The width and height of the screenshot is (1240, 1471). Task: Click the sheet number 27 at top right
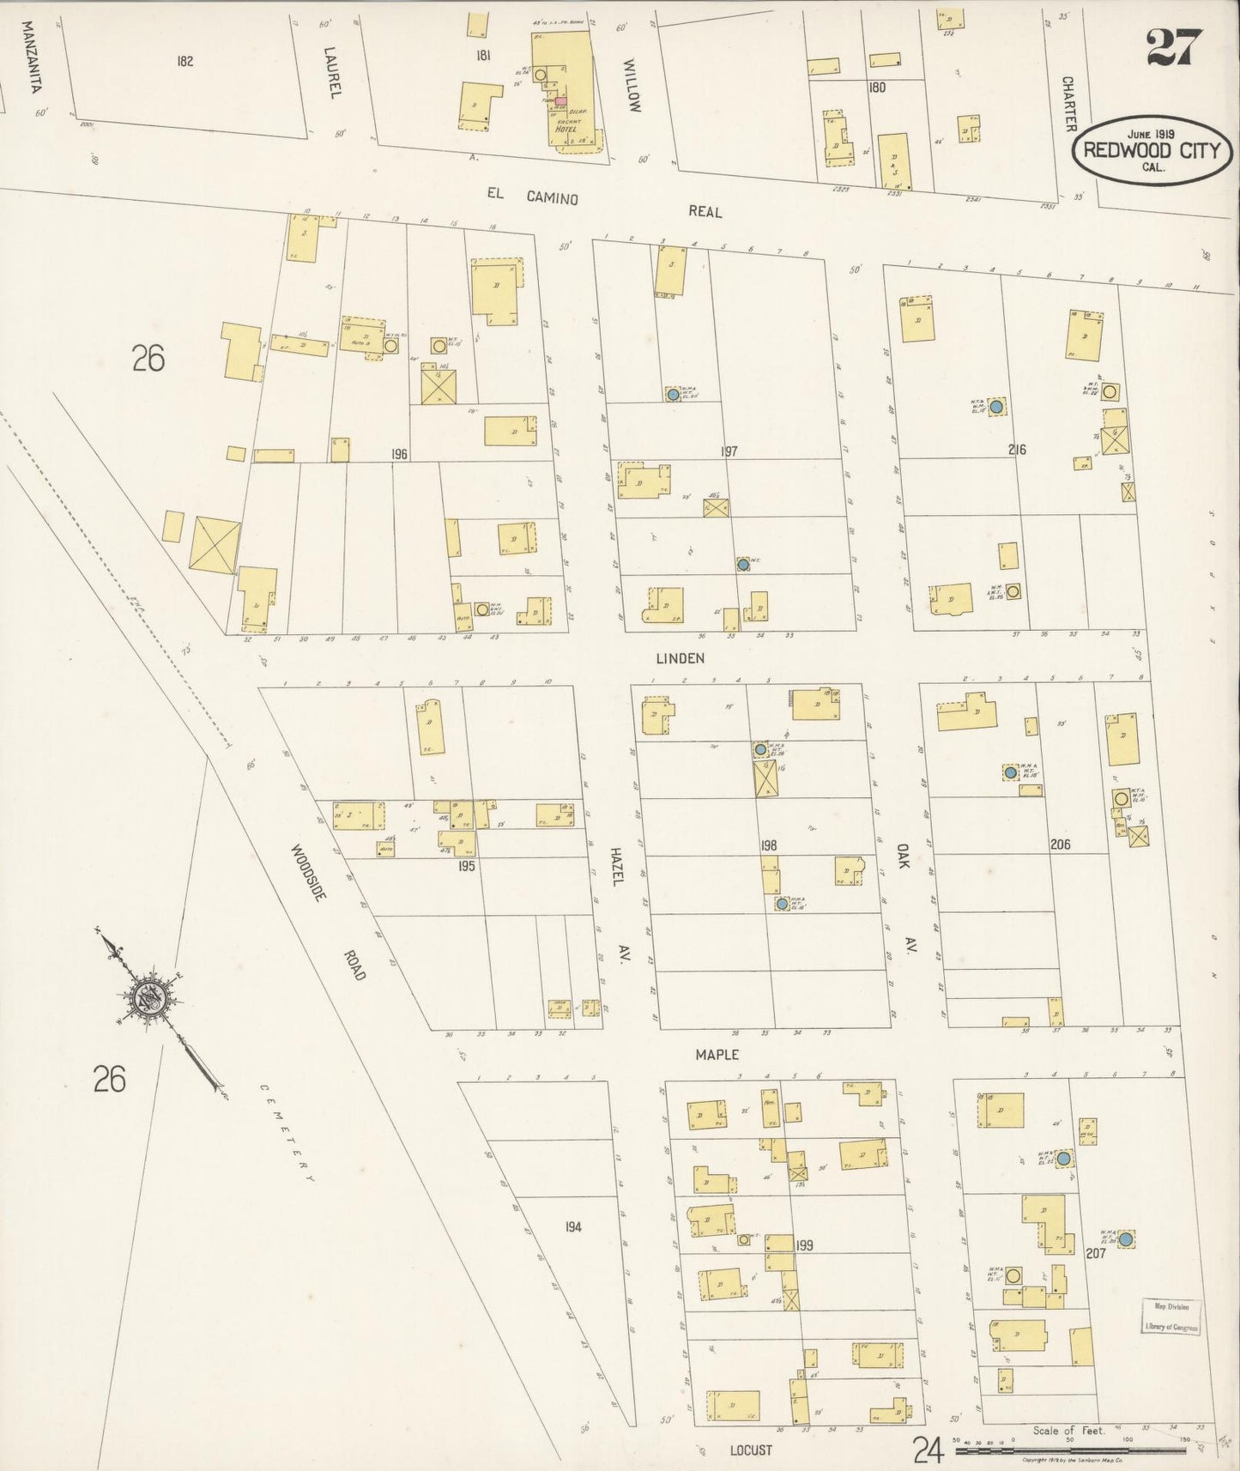tap(1174, 47)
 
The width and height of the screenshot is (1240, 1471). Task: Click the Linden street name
tap(679, 658)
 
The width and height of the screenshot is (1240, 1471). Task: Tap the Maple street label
tap(717, 1055)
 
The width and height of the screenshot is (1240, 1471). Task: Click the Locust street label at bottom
tap(750, 1450)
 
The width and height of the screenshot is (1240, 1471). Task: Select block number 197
tap(729, 451)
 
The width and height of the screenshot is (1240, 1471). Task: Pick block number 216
tap(1017, 449)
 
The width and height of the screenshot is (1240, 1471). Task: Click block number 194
tap(572, 1226)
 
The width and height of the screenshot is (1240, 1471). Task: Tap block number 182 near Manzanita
tap(184, 61)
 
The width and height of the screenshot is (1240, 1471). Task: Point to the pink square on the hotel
tap(560, 101)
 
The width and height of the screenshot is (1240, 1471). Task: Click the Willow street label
tap(632, 85)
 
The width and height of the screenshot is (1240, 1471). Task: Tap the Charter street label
tap(1069, 103)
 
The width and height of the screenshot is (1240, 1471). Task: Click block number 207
tap(1095, 1253)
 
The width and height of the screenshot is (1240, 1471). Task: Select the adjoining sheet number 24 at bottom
tap(928, 1449)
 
